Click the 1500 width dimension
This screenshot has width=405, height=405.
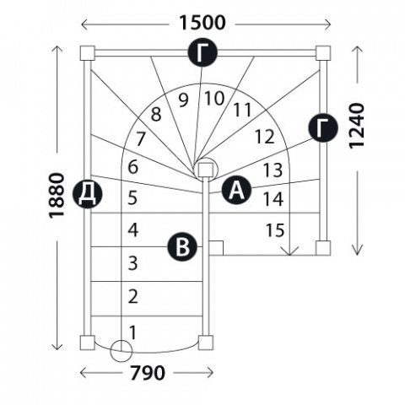[202, 23]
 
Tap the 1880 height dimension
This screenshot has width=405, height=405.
[57, 196]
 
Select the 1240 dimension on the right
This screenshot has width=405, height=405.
[357, 126]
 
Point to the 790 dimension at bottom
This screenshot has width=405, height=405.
[147, 373]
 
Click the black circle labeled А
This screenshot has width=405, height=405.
[236, 191]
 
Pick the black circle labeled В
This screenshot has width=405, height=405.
[182, 247]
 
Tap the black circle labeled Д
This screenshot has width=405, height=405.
[87, 194]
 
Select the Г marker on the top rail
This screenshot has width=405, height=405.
[202, 52]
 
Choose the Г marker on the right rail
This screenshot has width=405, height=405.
[323, 128]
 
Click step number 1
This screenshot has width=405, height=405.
[132, 332]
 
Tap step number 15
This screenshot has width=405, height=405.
[275, 230]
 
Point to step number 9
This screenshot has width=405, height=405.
[183, 100]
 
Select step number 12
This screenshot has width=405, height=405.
[264, 137]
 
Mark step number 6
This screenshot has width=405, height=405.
[133, 167]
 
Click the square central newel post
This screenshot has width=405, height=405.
[205, 170]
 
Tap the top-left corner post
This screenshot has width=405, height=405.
[87, 53]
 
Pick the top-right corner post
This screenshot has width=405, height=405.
[323, 53]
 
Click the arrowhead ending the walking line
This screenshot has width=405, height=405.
[290, 251]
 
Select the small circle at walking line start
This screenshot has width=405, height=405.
[121, 351]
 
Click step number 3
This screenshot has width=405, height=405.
[133, 263]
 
